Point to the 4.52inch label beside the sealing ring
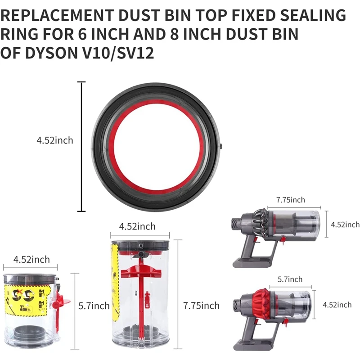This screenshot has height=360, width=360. pyautogui.click(x=54, y=140)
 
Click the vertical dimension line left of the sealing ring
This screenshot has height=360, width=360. pyautogui.click(x=81, y=146)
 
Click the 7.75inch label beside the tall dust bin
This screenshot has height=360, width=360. pyautogui.click(x=201, y=306)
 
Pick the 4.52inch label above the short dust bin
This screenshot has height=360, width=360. pyautogui.click(x=31, y=260)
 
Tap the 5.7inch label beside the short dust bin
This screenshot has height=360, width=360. pyautogui.click(x=94, y=306)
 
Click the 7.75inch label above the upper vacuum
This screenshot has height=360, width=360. pyautogui.click(x=290, y=200)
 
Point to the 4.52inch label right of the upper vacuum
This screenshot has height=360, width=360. pyautogui.click(x=345, y=225)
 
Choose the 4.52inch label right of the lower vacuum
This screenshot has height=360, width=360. pyautogui.click(x=337, y=305)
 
